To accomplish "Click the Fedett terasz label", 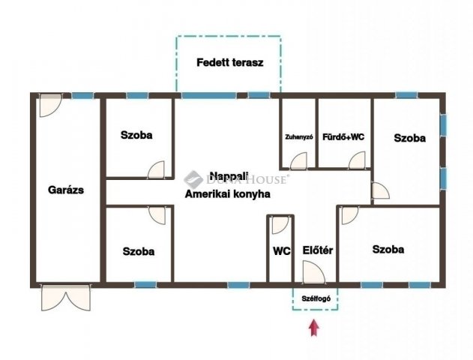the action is click(x=230, y=62).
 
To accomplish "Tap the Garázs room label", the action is click(x=66, y=190).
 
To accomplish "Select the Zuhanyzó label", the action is click(x=299, y=137).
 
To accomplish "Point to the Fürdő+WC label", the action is click(x=343, y=137).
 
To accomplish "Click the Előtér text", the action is click(x=318, y=250).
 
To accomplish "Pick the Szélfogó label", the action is click(x=316, y=298).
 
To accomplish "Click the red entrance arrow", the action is click(x=314, y=328).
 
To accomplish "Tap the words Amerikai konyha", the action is click(x=227, y=194).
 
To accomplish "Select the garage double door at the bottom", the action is click(x=66, y=297).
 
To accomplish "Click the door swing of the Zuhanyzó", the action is click(x=298, y=160).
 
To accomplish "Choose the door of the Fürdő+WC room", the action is click(x=357, y=160).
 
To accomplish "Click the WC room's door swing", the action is click(x=280, y=225).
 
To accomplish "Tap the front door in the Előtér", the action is click(x=314, y=272).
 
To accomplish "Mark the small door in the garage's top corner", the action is click(x=51, y=105).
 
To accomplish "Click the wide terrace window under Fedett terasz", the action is click(x=209, y=95).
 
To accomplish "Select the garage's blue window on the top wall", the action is click(x=82, y=96).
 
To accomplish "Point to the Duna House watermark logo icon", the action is click(x=193, y=180).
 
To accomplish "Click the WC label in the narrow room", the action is click(x=282, y=251).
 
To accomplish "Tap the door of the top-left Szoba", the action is click(x=156, y=170).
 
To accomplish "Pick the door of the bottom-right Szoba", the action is click(x=350, y=215).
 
